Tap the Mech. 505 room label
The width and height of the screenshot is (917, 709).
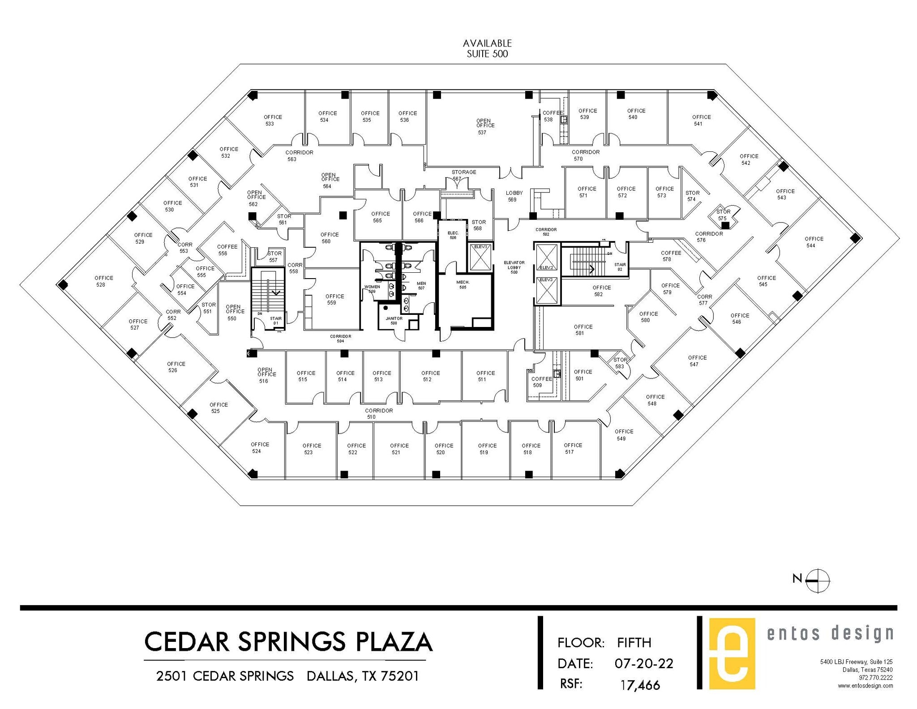coord(463,284)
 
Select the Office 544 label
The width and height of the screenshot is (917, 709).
coord(813,242)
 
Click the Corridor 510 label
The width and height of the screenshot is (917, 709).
coord(378,413)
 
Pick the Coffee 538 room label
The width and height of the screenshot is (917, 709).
coord(551,116)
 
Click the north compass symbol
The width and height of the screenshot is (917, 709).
coord(817,580)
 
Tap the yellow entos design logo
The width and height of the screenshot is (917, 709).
coord(732,653)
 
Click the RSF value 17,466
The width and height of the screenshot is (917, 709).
coord(640,685)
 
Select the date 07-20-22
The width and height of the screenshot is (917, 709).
coord(643,663)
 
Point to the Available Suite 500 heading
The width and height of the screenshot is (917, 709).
coord(487,49)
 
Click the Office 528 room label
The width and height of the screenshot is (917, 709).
coord(103,281)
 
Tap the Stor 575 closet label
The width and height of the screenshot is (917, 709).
coord(723,215)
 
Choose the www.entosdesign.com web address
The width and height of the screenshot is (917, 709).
coord(865,686)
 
